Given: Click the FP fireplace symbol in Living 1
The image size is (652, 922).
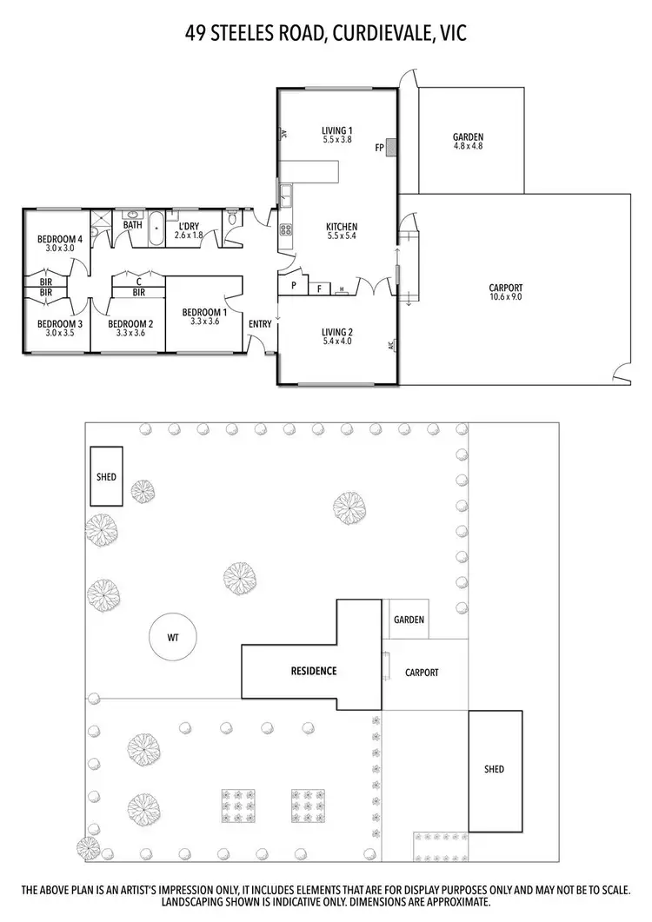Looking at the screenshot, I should [391, 149].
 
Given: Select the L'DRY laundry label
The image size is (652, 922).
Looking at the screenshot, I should [187, 226].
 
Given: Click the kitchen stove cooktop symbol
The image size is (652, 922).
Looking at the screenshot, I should [286, 230].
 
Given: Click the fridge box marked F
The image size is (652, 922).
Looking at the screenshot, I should [319, 287].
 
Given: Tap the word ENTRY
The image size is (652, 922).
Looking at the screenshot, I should [260, 324].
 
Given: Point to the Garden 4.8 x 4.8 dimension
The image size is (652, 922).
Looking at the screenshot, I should [468, 146].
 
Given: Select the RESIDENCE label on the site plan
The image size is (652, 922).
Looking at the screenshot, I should [313, 671].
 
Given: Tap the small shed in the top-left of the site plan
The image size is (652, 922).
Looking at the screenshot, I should [106, 477].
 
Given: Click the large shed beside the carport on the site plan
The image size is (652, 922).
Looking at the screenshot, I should [495, 769].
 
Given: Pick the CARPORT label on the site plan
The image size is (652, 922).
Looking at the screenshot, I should [422, 673].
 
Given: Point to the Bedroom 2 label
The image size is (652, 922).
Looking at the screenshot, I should [130, 324].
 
